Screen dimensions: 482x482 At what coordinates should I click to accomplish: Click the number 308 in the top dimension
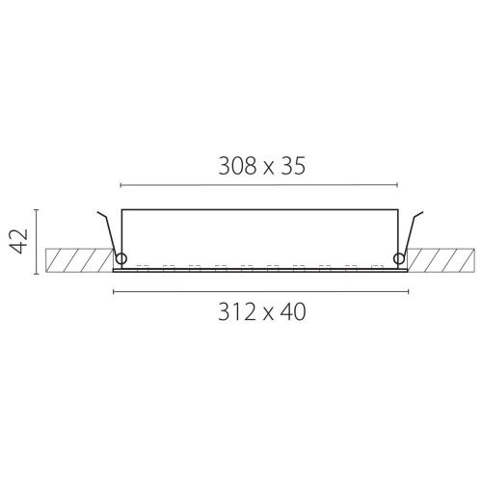(x=237, y=166)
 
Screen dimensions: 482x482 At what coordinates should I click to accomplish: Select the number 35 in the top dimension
(x=293, y=166)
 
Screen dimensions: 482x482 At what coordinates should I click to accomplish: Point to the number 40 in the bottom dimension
(x=292, y=312)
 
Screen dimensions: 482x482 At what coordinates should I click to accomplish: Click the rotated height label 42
(x=18, y=241)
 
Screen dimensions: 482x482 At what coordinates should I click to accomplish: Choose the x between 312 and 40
(x=268, y=315)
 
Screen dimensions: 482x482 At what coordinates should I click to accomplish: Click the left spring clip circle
(x=121, y=258)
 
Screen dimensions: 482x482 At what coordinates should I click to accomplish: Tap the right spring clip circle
(x=399, y=258)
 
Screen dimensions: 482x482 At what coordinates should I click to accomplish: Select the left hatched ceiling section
(x=80, y=260)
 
